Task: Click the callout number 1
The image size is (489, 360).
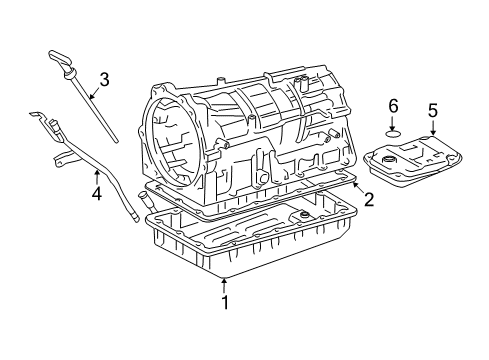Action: [x=225, y=301]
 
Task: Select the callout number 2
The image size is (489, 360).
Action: [x=368, y=200]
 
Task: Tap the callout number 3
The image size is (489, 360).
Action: [x=104, y=78]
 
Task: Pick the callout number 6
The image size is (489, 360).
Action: [x=393, y=104]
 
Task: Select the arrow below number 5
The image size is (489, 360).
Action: [x=432, y=126]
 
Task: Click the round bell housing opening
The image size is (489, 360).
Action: [x=174, y=141]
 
